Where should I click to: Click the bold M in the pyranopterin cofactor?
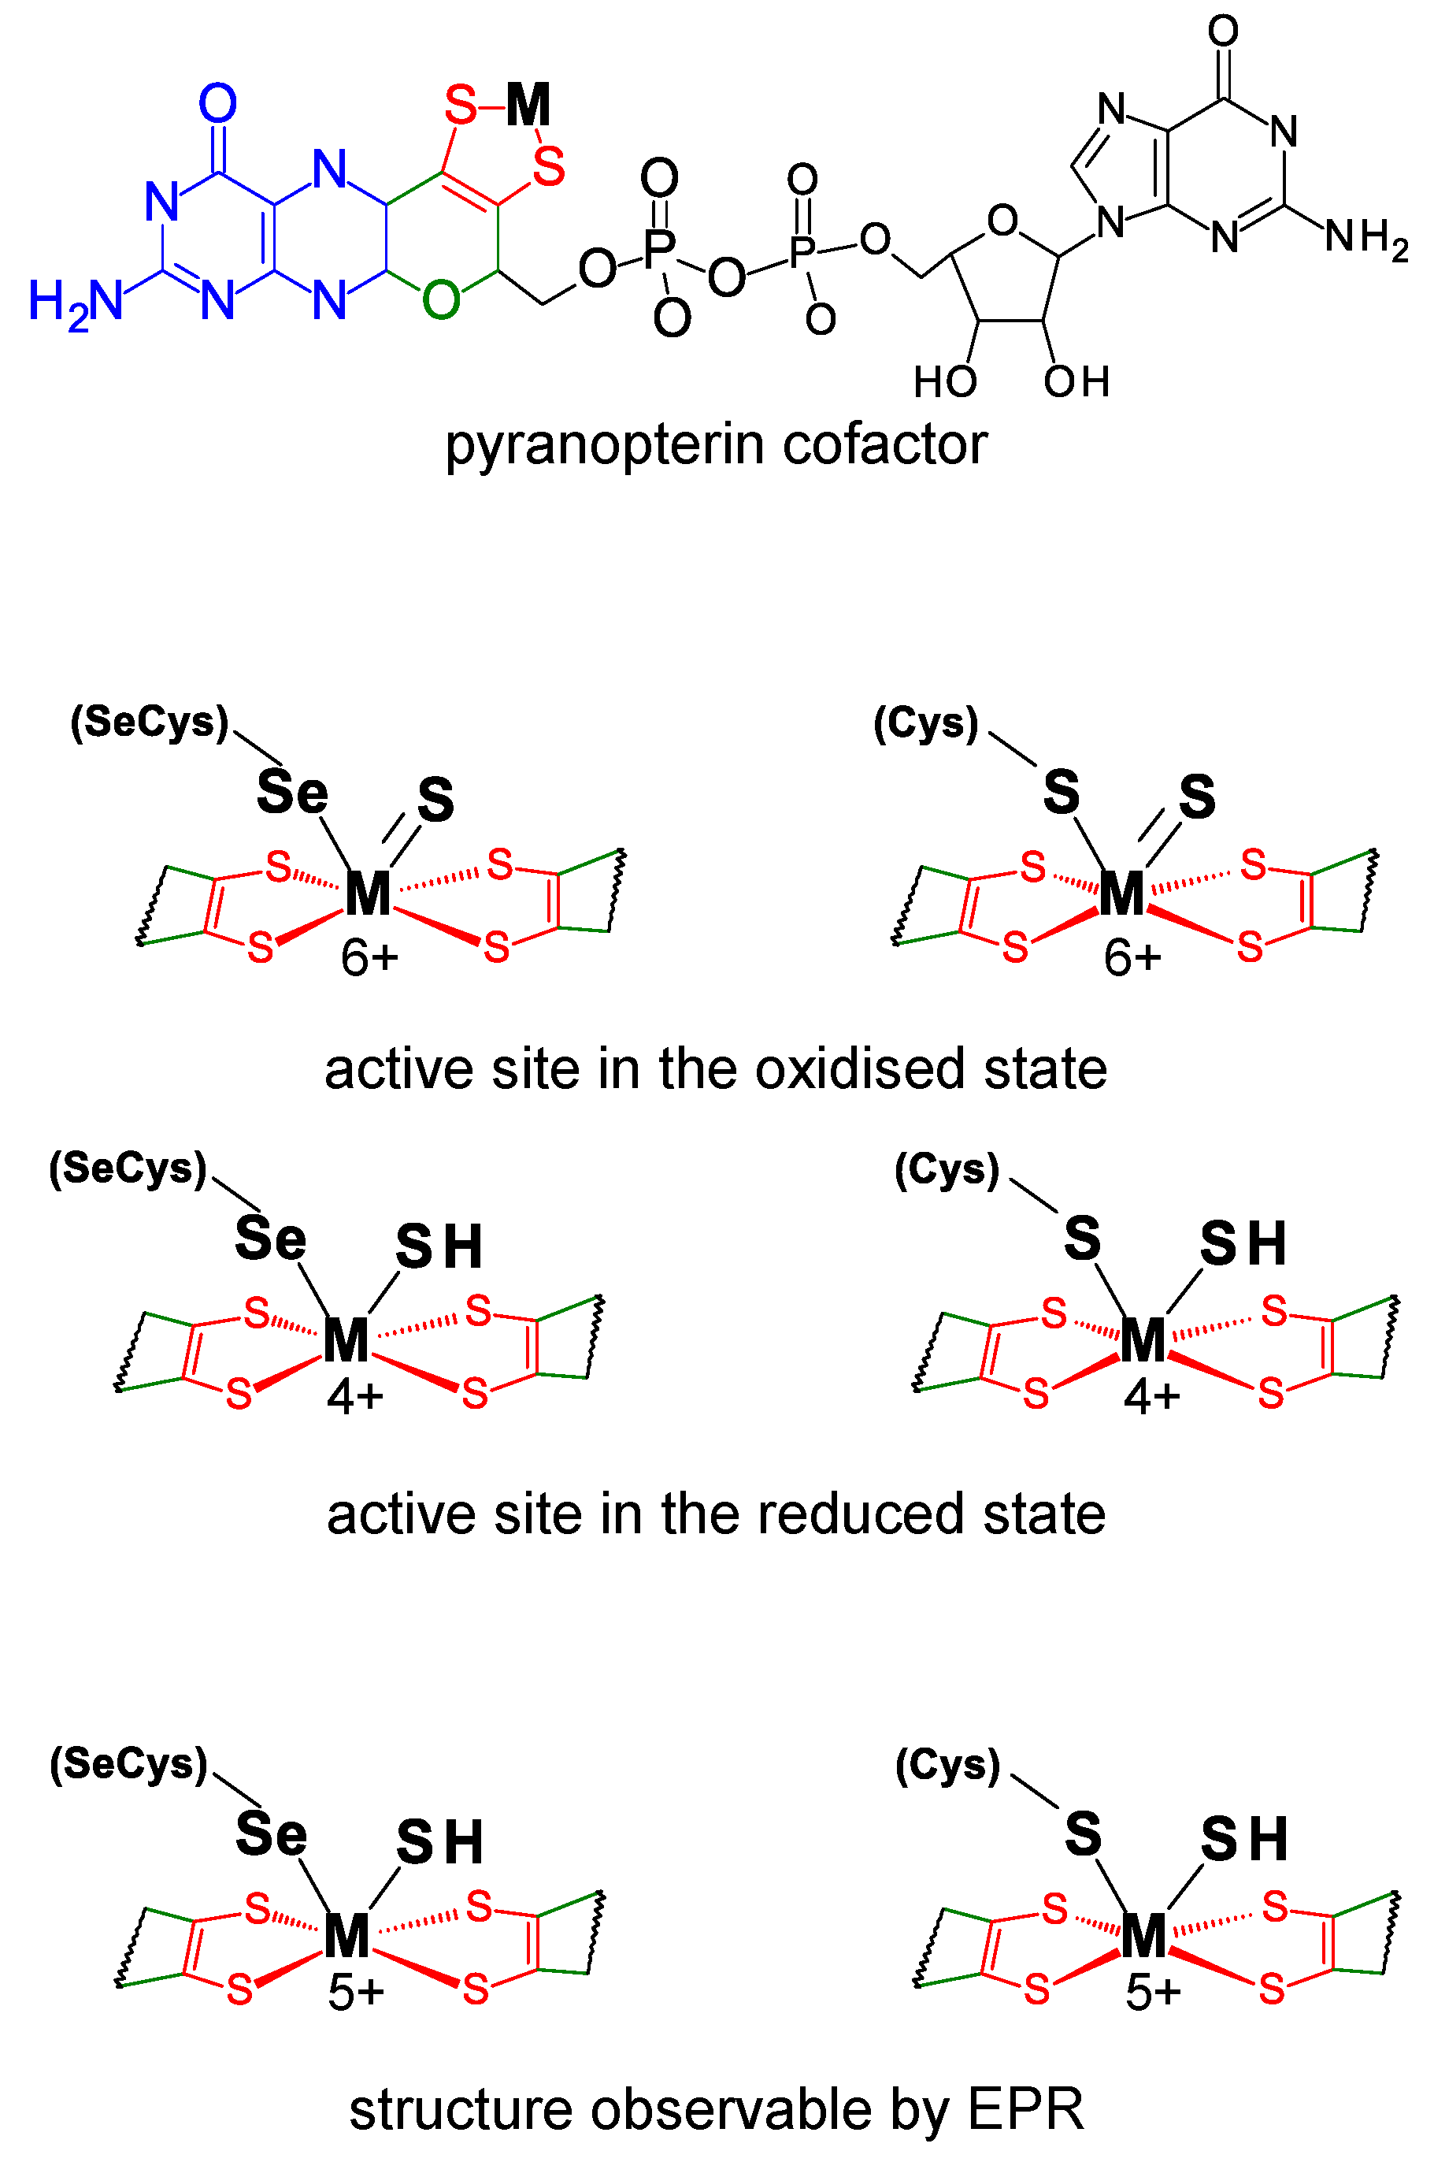click(x=528, y=106)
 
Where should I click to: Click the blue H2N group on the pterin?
click(x=75, y=302)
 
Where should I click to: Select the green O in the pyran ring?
click(x=441, y=300)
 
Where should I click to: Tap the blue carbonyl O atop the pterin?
click(x=217, y=103)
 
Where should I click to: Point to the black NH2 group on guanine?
click(x=1366, y=238)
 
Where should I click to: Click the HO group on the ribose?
click(x=945, y=381)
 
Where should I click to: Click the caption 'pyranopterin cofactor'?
click(x=715, y=446)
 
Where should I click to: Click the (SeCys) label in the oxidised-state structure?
click(x=149, y=722)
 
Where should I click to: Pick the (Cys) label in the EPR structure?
click(x=947, y=1765)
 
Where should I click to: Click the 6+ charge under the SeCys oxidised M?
click(x=369, y=959)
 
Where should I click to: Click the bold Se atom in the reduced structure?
click(x=270, y=1239)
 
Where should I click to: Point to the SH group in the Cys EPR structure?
click(x=1243, y=1839)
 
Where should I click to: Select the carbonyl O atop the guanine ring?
click(x=1223, y=30)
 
